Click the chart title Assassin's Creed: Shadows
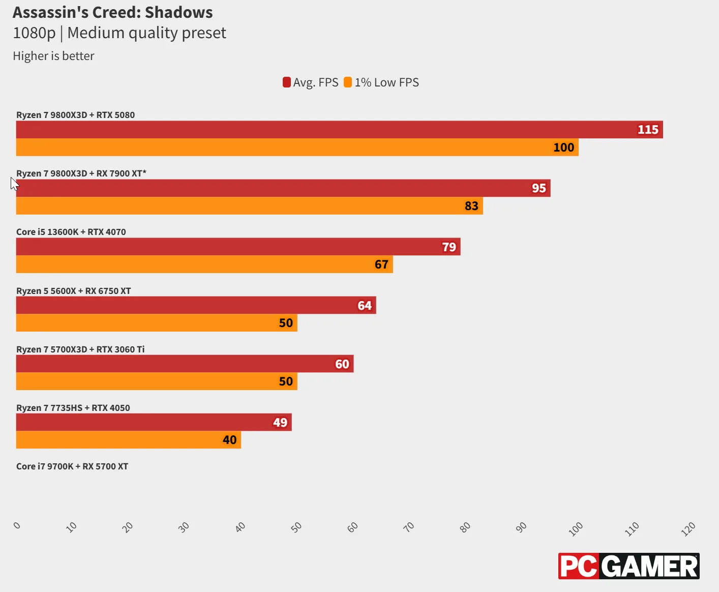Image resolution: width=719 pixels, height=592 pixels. [113, 13]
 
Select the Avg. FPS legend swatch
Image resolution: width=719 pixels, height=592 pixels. [286, 82]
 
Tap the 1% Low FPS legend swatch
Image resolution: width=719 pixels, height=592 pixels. [348, 82]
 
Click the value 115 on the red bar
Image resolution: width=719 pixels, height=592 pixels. [648, 130]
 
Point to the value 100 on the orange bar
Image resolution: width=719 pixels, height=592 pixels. [563, 147]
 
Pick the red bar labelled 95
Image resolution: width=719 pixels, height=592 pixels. [283, 188]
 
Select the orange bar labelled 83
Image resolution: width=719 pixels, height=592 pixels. [250, 205]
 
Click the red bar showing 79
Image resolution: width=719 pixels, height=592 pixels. [238, 247]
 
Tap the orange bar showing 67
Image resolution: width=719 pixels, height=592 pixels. [204, 264]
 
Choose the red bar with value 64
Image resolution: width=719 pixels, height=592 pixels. [196, 305]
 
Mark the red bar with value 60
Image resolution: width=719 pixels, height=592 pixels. [185, 364]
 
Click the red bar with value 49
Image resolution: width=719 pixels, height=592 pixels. [154, 422]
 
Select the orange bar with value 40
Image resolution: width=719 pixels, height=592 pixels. [129, 440]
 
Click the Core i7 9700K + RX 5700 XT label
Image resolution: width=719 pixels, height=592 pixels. [72, 466]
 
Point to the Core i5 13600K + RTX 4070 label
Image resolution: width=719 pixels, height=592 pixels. [71, 232]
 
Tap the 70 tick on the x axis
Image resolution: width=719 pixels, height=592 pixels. [409, 527]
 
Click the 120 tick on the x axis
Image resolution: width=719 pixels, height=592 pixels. [688, 529]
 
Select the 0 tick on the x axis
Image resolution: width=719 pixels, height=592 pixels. [17, 525]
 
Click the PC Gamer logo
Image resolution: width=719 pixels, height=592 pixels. [628, 566]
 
